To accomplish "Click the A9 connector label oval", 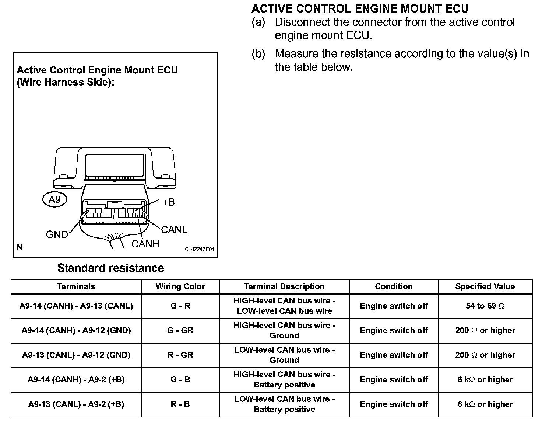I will pos(54,200).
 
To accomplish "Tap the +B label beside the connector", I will pos(168,202).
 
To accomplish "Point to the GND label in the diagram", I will pos(57,234).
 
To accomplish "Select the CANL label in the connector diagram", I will pos(174,230).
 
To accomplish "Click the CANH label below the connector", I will pos(145,244).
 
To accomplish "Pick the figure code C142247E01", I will pos(199,249).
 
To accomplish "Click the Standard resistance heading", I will pos(110,268).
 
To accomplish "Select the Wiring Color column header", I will pos(180,286).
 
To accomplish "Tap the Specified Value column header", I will pos(485,286).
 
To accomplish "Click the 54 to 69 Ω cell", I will pos(485,306).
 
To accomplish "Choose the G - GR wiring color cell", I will pos(180,330).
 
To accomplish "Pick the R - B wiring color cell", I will pos(180,404).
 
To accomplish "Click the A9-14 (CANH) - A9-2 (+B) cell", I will pos(76,380).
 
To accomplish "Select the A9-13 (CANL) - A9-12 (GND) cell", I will pos(76,355).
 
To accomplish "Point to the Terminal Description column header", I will pos(284,286).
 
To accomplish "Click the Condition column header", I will pos(394,286).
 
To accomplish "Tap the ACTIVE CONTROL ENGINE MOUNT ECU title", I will pos(360,8).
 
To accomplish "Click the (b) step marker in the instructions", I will pos(258,54).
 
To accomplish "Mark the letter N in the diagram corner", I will pos(20,247).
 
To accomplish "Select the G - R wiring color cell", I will pos(180,306).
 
